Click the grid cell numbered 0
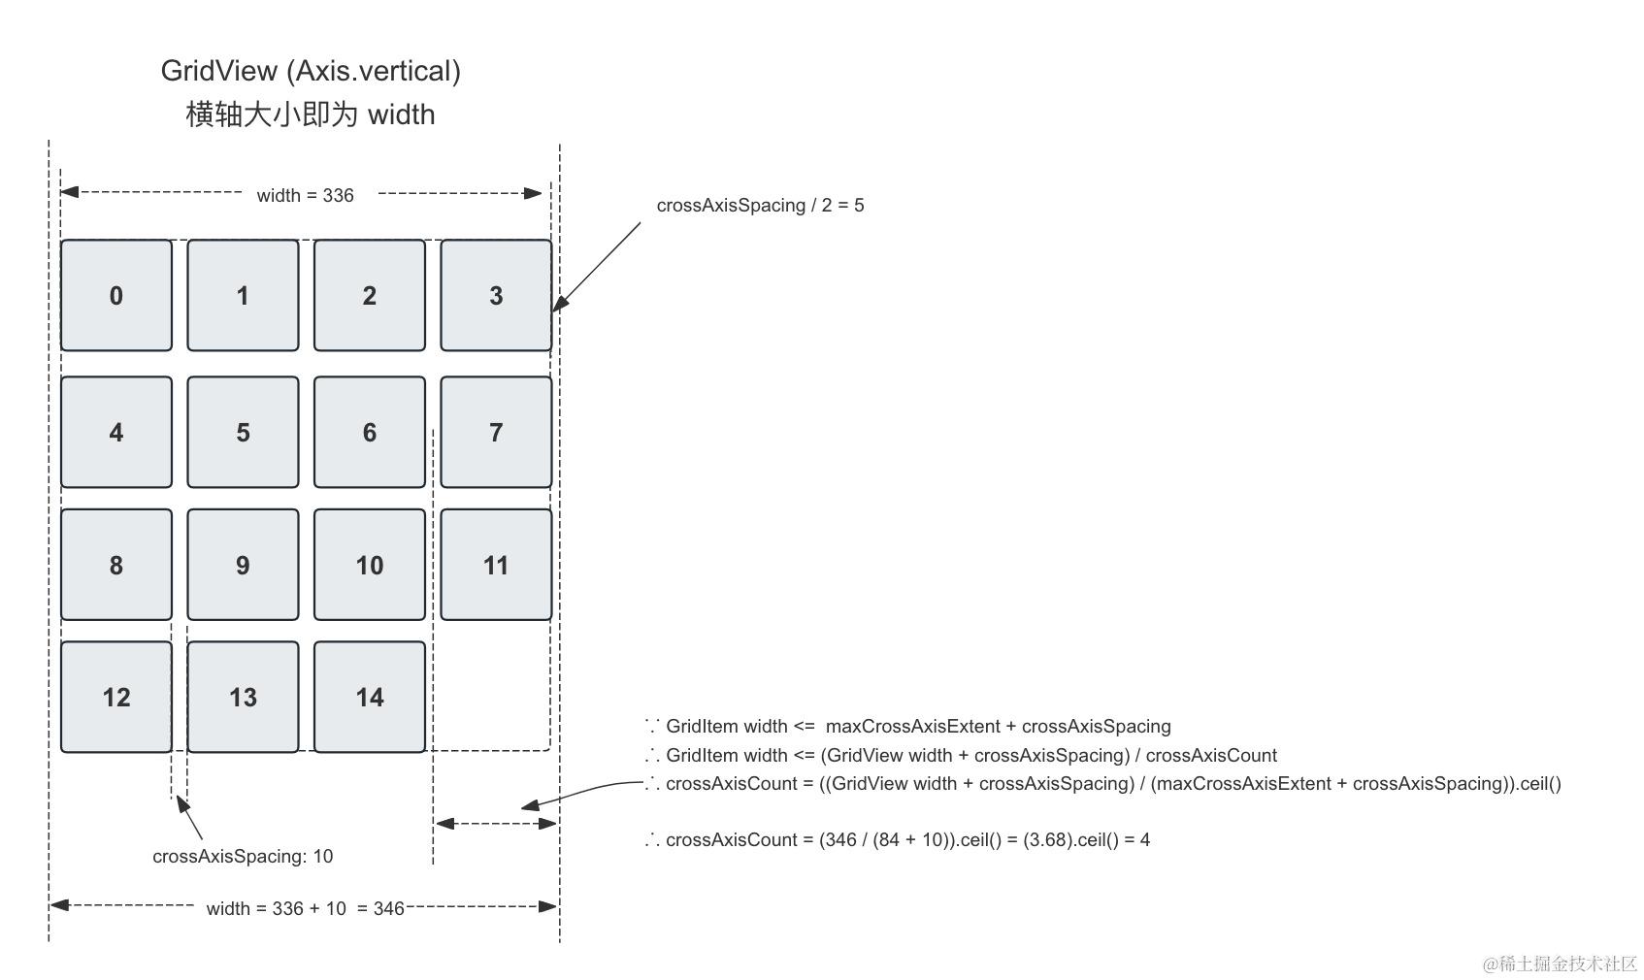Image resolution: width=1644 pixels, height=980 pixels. (116, 295)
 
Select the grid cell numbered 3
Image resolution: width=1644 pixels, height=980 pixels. (496, 295)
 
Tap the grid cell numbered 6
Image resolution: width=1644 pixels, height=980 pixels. (370, 432)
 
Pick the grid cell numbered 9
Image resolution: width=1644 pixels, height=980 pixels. (243, 565)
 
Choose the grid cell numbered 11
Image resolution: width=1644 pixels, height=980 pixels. (496, 565)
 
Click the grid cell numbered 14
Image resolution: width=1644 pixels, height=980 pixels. (370, 697)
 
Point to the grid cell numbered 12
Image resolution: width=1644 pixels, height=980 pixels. (116, 697)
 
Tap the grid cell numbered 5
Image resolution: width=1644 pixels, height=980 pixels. (243, 432)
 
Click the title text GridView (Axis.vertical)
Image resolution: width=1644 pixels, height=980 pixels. (311, 71)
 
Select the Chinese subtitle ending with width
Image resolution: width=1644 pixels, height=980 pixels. (311, 114)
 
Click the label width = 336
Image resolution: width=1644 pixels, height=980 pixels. (305, 195)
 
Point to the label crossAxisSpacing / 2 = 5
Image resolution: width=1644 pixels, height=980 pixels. (760, 205)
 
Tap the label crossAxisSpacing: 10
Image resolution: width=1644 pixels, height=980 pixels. (243, 856)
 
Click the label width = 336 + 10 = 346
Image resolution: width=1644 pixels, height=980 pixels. (305, 908)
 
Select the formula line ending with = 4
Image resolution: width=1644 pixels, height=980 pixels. (898, 839)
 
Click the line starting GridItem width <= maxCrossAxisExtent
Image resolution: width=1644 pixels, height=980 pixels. (908, 726)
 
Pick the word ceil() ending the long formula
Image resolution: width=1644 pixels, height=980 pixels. (1540, 783)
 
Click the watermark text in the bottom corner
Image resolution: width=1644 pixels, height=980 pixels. (1560, 964)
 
